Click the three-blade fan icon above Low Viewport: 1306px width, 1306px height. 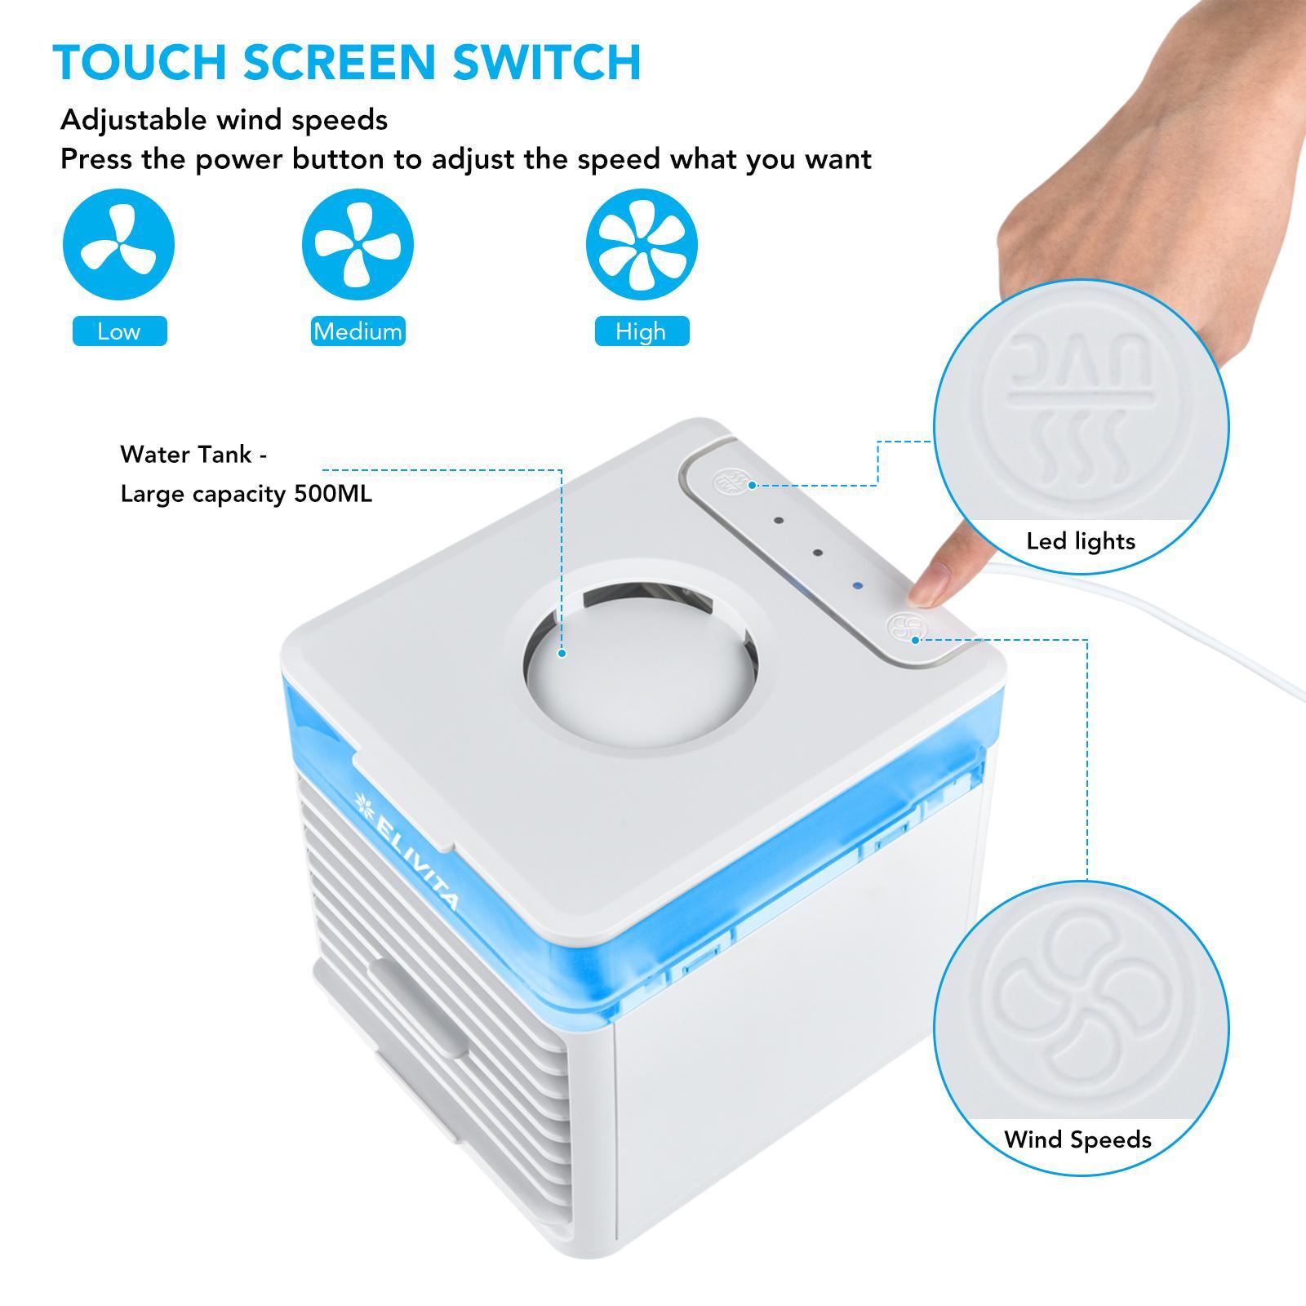click(x=119, y=244)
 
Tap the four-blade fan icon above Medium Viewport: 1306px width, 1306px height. click(x=358, y=244)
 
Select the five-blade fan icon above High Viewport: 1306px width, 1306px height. click(x=642, y=244)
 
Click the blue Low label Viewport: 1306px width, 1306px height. click(x=120, y=331)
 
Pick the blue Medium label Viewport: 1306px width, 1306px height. click(x=358, y=331)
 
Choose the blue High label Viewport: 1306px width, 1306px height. click(x=642, y=331)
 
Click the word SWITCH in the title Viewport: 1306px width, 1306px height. click(x=547, y=62)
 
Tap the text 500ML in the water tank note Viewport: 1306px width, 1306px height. click(x=333, y=494)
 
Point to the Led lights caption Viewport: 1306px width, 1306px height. click(x=1081, y=541)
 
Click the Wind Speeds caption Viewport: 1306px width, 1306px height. click(x=1077, y=1139)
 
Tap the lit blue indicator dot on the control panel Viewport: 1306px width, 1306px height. click(x=857, y=585)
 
